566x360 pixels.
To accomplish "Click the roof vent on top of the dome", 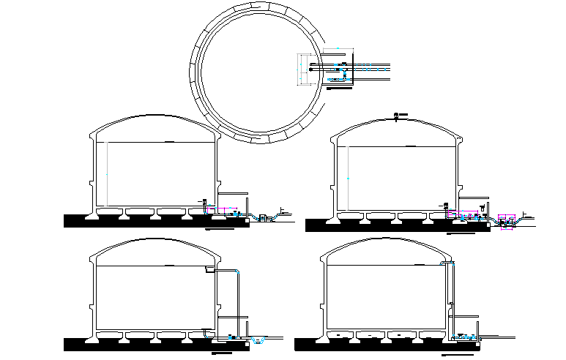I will click(397, 116).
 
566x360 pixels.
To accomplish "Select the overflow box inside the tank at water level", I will click(208, 270).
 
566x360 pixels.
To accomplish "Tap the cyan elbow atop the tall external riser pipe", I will click(453, 263).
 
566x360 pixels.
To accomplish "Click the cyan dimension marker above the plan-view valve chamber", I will click(338, 49).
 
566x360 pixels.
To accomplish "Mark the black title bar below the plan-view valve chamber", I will click(338, 89).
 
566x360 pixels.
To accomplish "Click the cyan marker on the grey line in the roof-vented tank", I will click(348, 178).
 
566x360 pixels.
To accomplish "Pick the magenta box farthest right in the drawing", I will click(505, 217).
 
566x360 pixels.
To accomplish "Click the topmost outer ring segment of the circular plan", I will click(256, 5).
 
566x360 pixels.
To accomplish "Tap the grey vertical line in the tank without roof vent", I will click(107, 174).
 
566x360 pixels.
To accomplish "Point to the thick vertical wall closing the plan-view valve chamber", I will click(351, 70).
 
